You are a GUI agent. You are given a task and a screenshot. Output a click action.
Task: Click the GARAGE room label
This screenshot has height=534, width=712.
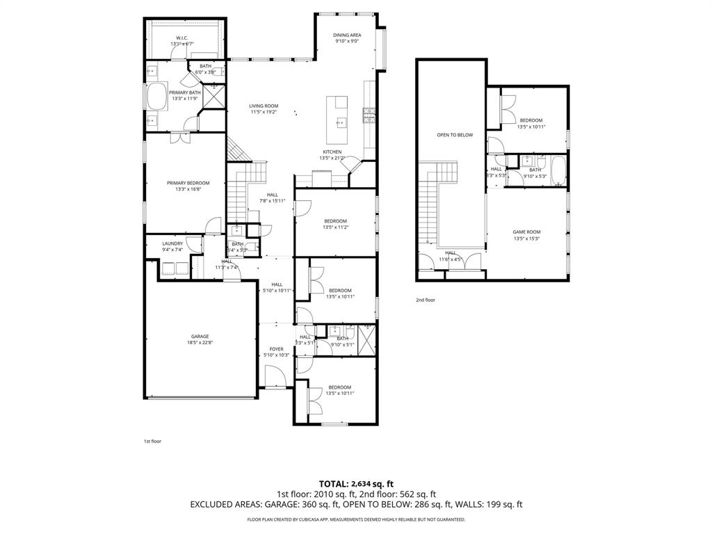click(x=200, y=336)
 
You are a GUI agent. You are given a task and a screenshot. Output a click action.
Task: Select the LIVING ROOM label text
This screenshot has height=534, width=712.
click(x=264, y=106)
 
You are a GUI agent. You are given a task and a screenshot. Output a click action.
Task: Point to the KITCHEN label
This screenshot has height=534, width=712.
click(x=332, y=152)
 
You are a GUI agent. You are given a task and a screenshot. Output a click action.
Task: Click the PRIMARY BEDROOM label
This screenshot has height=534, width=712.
click(x=188, y=183)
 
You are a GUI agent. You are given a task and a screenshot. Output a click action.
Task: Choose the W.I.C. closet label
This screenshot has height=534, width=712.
click(x=182, y=38)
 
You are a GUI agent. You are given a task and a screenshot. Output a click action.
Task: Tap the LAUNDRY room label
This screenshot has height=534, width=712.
click(x=172, y=243)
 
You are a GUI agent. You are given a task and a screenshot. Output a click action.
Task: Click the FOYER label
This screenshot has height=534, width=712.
click(x=276, y=349)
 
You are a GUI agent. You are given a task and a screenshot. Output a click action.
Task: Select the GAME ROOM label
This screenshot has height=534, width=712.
click(x=526, y=232)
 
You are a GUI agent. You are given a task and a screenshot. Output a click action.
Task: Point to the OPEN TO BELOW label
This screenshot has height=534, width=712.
click(x=455, y=135)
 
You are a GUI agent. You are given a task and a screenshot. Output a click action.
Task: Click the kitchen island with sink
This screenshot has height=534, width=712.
click(x=340, y=113)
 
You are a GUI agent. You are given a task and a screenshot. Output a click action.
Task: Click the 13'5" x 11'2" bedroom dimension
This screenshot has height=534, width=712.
click(x=335, y=227)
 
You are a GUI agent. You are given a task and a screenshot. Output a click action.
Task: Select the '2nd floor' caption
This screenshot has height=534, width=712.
click(x=426, y=300)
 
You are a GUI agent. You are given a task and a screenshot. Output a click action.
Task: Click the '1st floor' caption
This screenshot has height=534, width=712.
click(x=152, y=441)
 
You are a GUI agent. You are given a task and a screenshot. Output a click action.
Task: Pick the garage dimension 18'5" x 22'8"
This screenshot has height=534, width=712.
click(x=200, y=342)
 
